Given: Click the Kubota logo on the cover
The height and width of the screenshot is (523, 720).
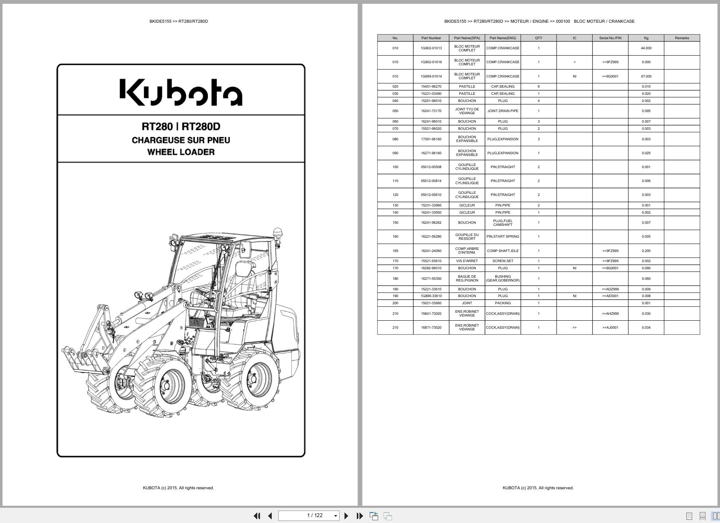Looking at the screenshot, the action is point(181,92).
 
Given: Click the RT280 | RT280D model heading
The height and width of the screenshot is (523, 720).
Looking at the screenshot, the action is point(181,126).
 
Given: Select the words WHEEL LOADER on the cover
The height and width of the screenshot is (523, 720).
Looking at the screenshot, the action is point(181,152).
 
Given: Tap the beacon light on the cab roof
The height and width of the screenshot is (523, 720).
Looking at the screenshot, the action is point(278,233).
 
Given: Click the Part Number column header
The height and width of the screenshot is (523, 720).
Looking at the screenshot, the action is point(431,38).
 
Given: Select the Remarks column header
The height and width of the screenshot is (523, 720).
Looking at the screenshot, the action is point(682,38).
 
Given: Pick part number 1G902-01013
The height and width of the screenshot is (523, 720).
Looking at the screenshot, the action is point(431,48).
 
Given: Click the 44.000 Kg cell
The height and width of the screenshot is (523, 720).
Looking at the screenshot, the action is point(646,48).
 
